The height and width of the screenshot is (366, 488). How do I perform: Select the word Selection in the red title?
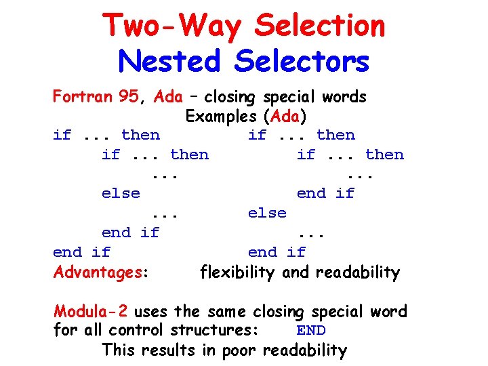coord(319,26)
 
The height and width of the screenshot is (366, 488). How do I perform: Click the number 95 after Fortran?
coord(128,96)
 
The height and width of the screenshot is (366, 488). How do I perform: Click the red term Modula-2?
coord(91,312)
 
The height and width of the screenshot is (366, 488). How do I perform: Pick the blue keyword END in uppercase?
coord(311,331)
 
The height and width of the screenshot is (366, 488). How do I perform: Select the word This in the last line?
coord(119,350)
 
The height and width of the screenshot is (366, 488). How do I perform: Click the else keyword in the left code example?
coord(121,193)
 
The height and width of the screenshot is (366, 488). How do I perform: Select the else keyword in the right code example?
coord(267,213)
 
